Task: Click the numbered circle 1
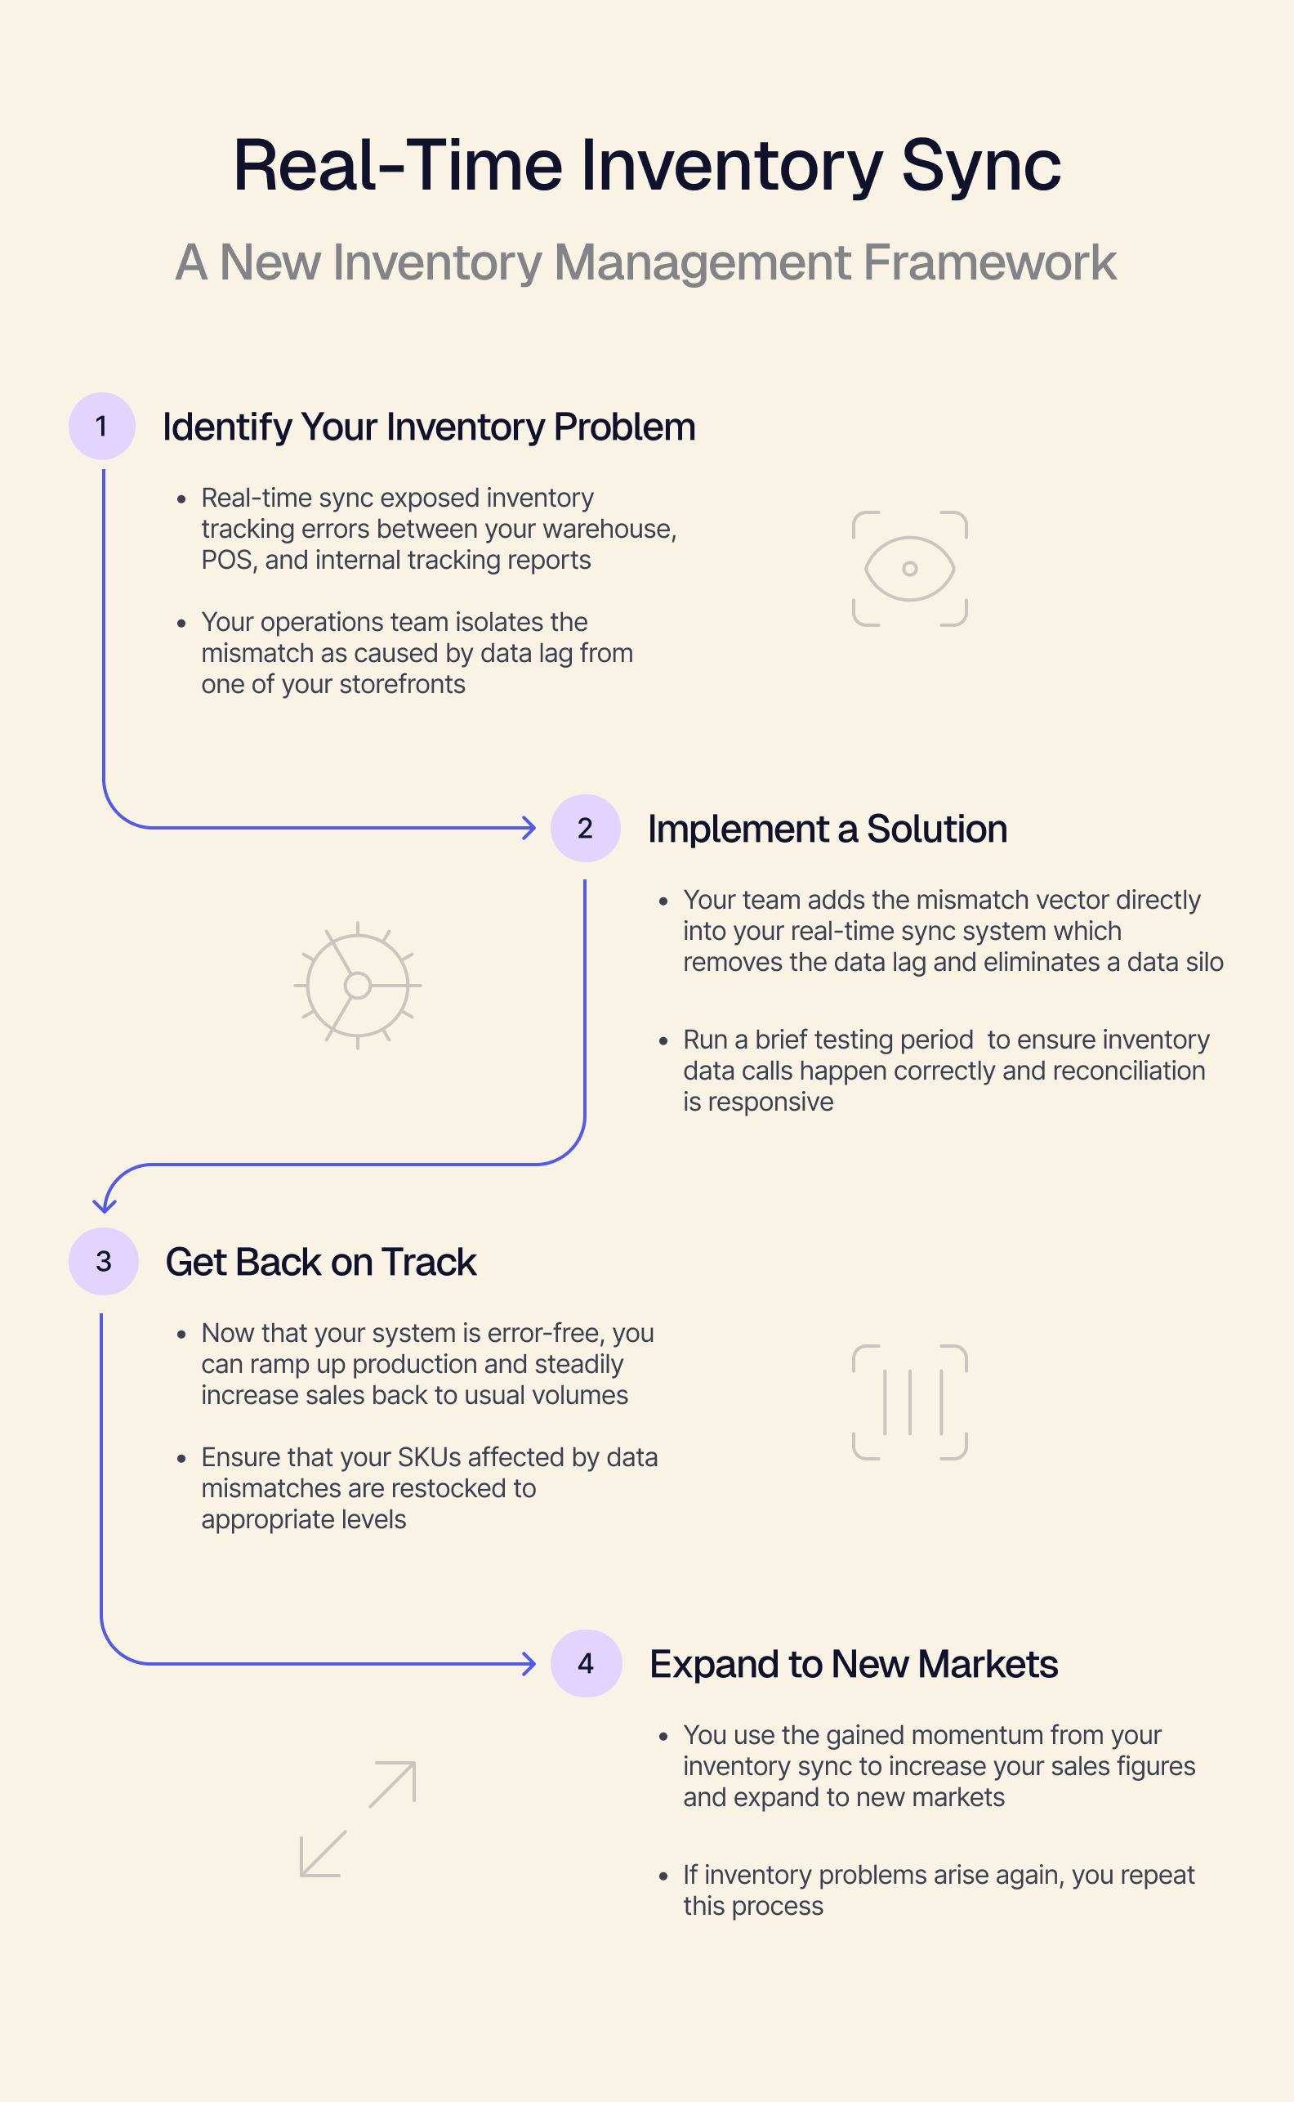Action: (102, 426)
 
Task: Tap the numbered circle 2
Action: (586, 828)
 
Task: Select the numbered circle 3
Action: (104, 1261)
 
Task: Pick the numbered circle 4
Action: (587, 1663)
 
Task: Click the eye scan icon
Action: (910, 569)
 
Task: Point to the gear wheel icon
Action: (358, 986)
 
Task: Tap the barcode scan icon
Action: (910, 1402)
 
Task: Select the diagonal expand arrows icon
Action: (358, 1819)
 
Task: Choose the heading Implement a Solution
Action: (827, 829)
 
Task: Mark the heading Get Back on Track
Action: (321, 1262)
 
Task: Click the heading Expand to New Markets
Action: (853, 1664)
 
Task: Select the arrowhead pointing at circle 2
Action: (529, 828)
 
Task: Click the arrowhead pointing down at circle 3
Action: (105, 1205)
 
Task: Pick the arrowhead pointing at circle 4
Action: (529, 1664)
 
